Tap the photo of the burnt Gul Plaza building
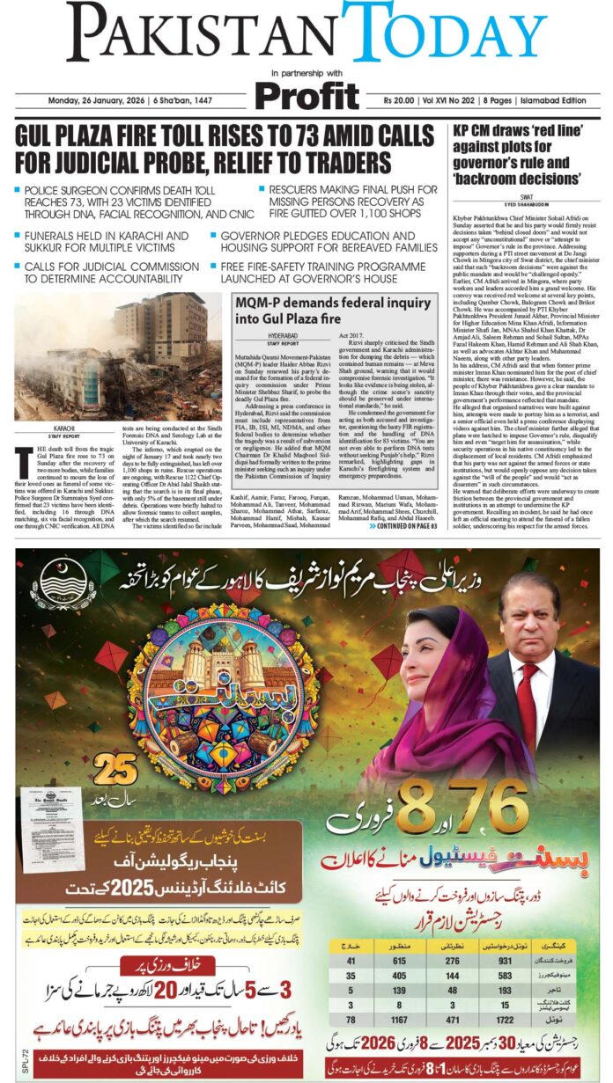pyautogui.click(x=118, y=356)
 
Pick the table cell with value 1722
pyautogui.click(x=506, y=1021)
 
